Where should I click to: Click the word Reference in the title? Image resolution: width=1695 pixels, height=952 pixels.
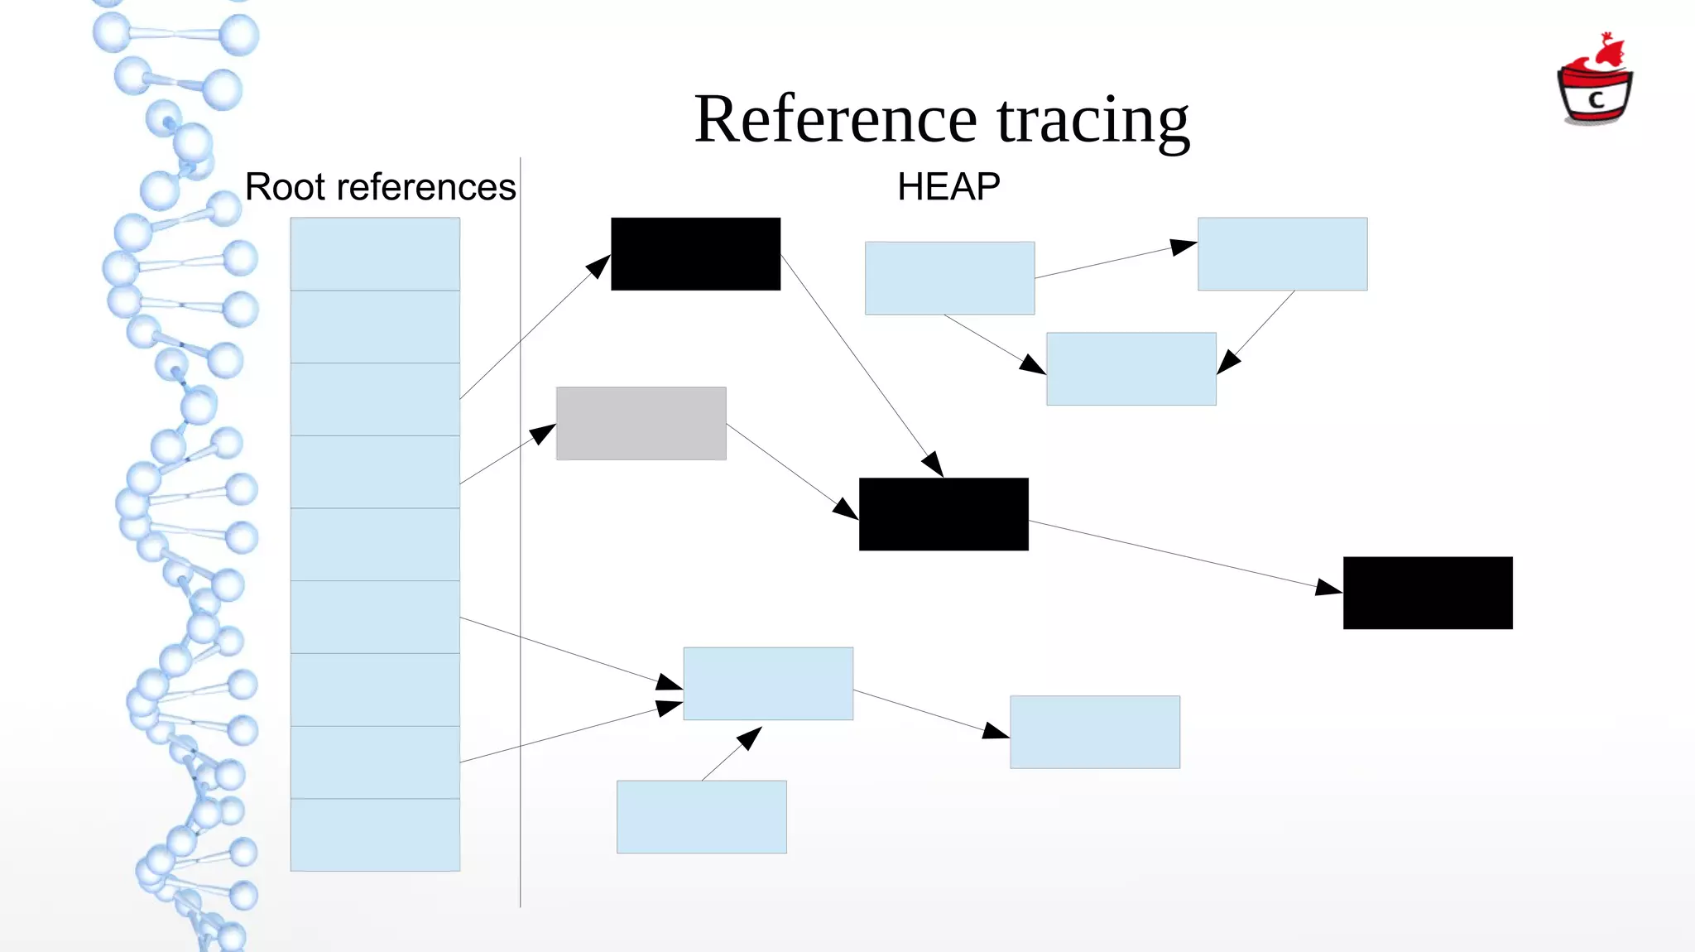click(x=836, y=120)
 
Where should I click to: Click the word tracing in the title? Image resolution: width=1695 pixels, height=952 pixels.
click(x=1092, y=123)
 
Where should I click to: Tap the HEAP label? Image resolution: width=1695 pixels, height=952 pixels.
click(x=948, y=187)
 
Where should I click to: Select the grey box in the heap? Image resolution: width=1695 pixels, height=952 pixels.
click(x=641, y=423)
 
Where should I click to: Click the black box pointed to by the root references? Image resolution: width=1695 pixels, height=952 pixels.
click(x=695, y=254)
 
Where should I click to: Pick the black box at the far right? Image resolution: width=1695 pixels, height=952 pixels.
click(x=1428, y=593)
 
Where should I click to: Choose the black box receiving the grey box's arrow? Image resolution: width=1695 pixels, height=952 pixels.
click(x=944, y=514)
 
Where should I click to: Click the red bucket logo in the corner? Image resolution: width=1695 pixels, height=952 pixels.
click(x=1595, y=83)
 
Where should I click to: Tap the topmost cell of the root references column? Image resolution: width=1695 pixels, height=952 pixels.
click(x=375, y=253)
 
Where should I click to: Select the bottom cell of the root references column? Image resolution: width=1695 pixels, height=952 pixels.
click(x=375, y=834)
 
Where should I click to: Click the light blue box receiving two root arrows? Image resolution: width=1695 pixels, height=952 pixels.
click(x=768, y=684)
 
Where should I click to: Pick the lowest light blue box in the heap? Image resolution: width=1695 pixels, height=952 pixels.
click(x=701, y=817)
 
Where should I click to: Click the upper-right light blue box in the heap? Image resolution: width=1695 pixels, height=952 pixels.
click(x=1282, y=254)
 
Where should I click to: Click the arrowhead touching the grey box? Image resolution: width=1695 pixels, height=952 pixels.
click(x=544, y=433)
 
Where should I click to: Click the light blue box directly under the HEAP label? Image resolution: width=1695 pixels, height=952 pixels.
click(x=949, y=278)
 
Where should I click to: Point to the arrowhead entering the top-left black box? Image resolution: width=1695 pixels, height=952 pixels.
click(x=599, y=266)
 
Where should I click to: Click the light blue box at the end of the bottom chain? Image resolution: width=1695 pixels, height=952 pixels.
click(x=1094, y=732)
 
